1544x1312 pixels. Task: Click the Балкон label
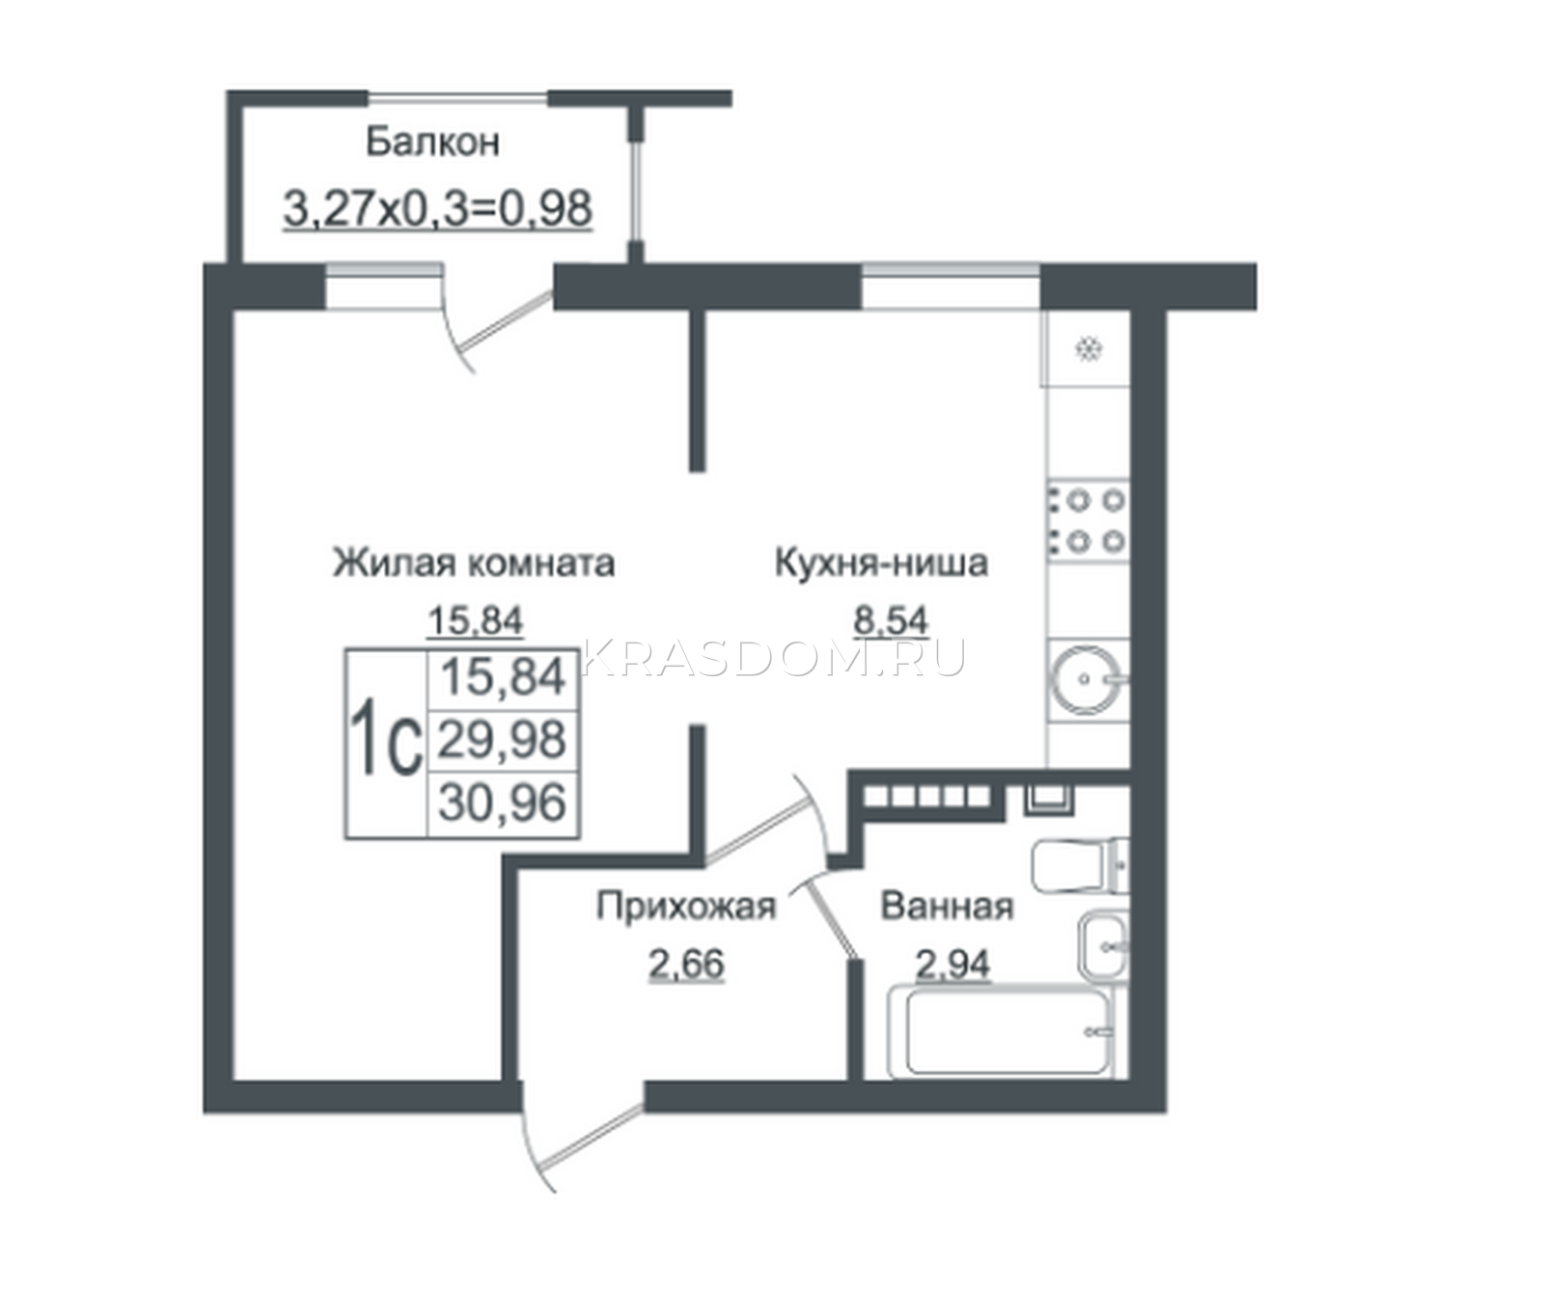point(432,143)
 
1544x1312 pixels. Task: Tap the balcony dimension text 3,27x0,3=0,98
point(438,209)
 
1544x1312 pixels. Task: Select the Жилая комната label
point(474,562)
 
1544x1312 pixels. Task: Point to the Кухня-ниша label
point(881,562)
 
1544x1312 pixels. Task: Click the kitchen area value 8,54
point(891,618)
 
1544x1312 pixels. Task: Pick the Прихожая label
point(686,907)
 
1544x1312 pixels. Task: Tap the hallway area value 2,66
point(686,964)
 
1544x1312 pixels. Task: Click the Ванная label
point(947,907)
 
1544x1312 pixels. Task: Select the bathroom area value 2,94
point(952,964)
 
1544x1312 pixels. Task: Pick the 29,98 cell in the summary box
point(502,741)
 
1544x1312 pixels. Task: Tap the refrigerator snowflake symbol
point(1089,348)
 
